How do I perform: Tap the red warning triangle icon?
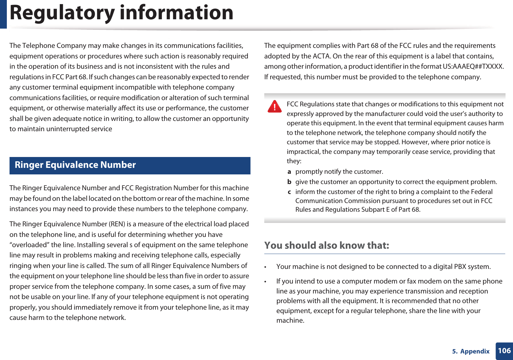pos(275,106)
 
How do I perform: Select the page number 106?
pos(504,351)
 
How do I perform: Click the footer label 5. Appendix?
pos(471,351)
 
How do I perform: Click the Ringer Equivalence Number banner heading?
pos(75,165)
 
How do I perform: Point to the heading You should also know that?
pos(326,245)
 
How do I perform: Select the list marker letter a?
pos(289,172)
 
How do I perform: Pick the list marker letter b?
pos(289,182)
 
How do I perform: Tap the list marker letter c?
pos(289,192)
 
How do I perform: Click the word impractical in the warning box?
pos(303,152)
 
